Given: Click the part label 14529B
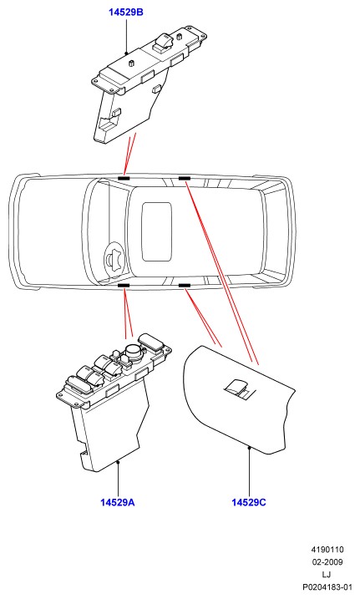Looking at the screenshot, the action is [125, 13].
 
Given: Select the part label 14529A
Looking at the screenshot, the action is [118, 502].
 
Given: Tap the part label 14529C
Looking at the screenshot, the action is [249, 502].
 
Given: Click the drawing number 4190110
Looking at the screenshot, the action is [327, 550].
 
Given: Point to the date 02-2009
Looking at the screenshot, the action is [327, 562].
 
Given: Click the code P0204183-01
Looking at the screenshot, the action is [327, 586].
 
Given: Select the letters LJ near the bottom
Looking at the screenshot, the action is [327, 574].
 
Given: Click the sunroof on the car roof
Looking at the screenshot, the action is [156, 232].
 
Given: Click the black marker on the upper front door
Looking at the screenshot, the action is [124, 179].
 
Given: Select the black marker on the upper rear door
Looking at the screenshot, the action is [185, 179].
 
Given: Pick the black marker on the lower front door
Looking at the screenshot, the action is [124, 286].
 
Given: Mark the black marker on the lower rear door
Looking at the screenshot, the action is [185, 286].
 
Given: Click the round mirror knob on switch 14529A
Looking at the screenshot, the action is [134, 349].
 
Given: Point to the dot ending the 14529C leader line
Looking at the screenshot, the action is [249, 447].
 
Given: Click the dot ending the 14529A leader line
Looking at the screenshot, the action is [119, 462].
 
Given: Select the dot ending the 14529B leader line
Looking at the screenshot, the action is [126, 53].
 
